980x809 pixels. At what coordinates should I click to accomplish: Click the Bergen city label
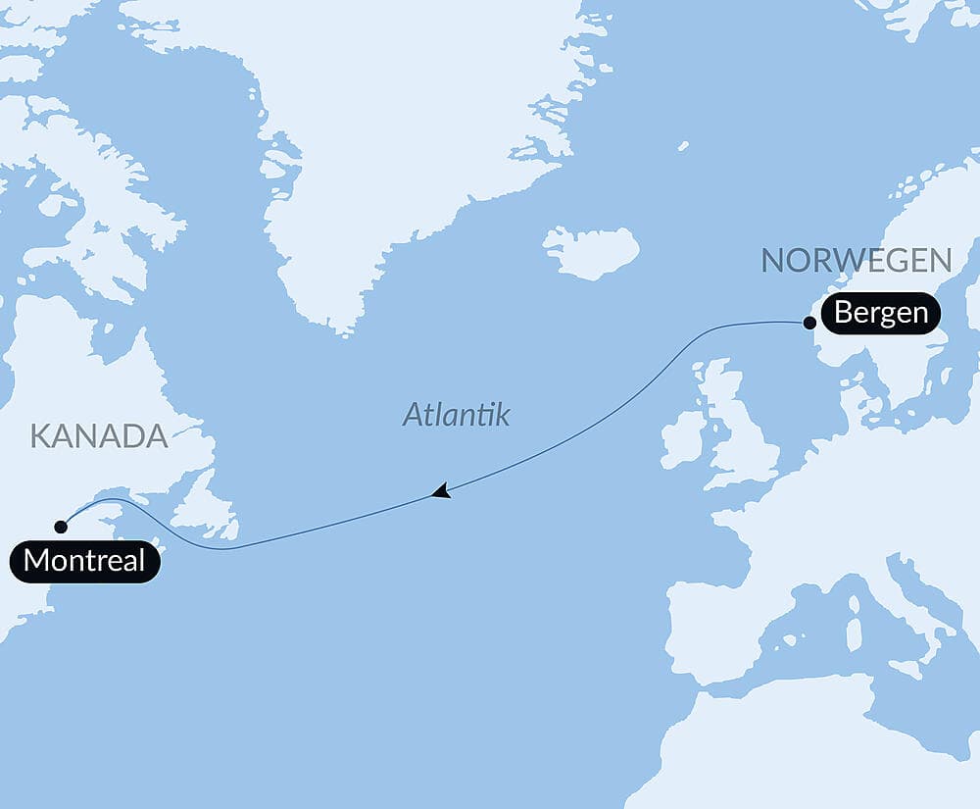point(881,314)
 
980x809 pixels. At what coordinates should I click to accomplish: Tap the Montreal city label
point(84,562)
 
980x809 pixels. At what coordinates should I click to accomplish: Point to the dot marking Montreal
point(61,527)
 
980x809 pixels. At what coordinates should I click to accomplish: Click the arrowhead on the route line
point(440,490)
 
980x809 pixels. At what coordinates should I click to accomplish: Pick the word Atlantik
point(457,415)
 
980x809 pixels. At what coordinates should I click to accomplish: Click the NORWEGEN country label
point(857,261)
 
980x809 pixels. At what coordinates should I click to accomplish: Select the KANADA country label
point(99,436)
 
